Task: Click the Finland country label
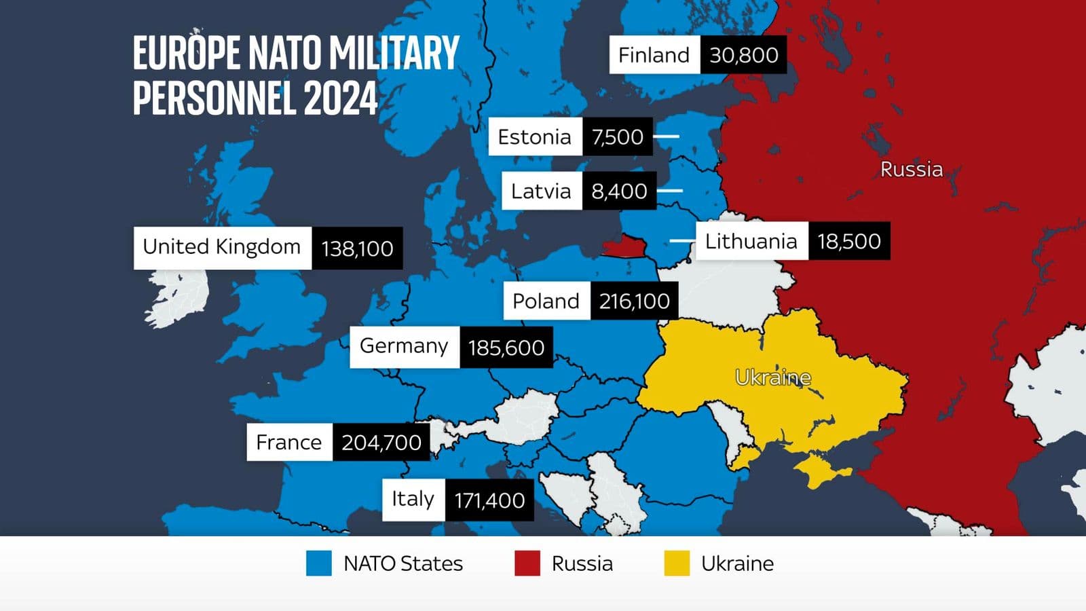pos(654,55)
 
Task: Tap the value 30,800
pos(743,55)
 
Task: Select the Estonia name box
pos(535,136)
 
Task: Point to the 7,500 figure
pos(617,136)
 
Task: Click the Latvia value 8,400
pos(619,191)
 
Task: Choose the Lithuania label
pos(751,241)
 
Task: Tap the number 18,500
pos(848,241)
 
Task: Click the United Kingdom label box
pos(222,247)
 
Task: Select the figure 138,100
pos(357,248)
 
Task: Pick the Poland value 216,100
pos(634,301)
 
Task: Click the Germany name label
pos(404,346)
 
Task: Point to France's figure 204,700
pos(381,443)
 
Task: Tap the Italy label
pos(413,500)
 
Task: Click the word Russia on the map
pos(911,169)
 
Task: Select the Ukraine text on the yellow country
pos(772,377)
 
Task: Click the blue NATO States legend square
pos(318,563)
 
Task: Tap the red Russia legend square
pos(527,563)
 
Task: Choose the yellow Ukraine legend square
pos(677,563)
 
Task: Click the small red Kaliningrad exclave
pos(624,246)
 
